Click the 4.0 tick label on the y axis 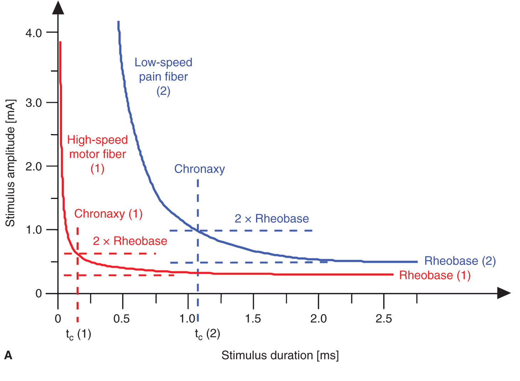34,33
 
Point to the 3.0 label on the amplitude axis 34,103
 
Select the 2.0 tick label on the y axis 34,166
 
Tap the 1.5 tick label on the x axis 253,319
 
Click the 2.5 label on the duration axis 383,319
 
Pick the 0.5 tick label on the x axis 121,319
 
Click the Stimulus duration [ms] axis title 280,355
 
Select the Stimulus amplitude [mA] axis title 10,163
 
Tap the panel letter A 8,355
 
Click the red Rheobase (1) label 435,275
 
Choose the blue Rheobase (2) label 460,261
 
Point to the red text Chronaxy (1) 108,214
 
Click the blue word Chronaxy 199,169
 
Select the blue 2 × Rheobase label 271,219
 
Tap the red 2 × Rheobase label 130,241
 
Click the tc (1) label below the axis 78,334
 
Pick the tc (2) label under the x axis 207,334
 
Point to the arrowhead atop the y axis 58,8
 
